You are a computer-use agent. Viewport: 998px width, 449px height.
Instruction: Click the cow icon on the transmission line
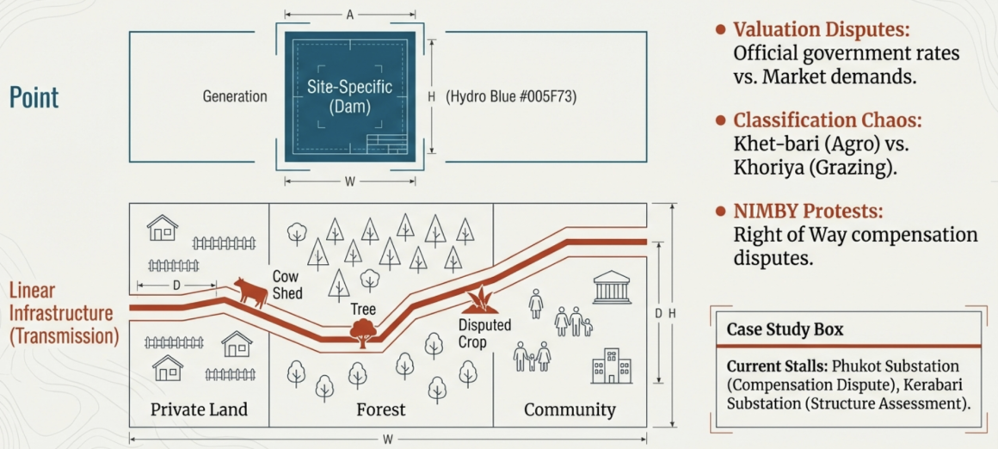tap(251, 292)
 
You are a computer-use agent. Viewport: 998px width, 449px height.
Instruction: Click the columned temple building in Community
tap(612, 287)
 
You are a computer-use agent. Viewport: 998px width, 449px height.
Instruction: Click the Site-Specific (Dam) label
tap(349, 97)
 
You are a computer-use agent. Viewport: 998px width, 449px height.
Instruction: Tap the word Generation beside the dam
tap(235, 97)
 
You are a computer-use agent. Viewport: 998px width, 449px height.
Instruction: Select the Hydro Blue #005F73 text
tap(511, 97)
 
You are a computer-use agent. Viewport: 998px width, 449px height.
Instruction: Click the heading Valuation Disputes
tap(821, 29)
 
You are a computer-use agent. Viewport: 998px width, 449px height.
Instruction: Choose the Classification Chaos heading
tap(821, 120)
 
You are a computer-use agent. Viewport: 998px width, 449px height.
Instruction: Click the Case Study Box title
tap(785, 329)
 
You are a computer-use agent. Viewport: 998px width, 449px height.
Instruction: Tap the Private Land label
tap(199, 409)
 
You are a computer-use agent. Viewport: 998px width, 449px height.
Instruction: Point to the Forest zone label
tap(380, 409)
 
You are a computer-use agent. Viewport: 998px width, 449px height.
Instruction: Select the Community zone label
tap(570, 409)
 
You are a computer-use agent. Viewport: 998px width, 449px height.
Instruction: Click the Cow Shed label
tap(287, 285)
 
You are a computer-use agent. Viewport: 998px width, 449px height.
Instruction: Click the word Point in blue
tap(34, 97)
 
